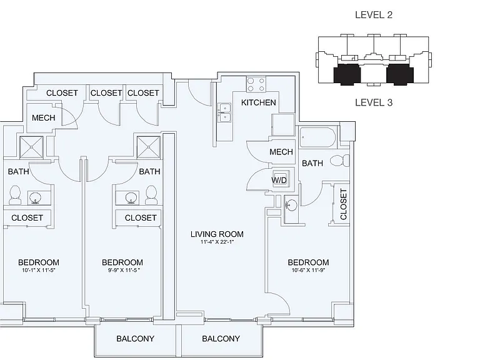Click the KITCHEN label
258,102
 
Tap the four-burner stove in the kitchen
256,84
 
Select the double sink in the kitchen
224,112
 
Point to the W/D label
279,180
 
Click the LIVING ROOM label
217,234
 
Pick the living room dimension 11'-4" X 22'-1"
217,242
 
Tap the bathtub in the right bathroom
317,137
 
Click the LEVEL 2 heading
374,15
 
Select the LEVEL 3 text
374,102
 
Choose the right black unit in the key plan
400,74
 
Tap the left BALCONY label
135,339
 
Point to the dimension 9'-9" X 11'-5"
124,270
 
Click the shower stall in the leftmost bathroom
31,147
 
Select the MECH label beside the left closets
44,118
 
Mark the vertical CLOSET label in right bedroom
344,204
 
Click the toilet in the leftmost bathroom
15,195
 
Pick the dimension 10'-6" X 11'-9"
308,270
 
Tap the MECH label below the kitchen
281,152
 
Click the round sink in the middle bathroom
131,198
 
